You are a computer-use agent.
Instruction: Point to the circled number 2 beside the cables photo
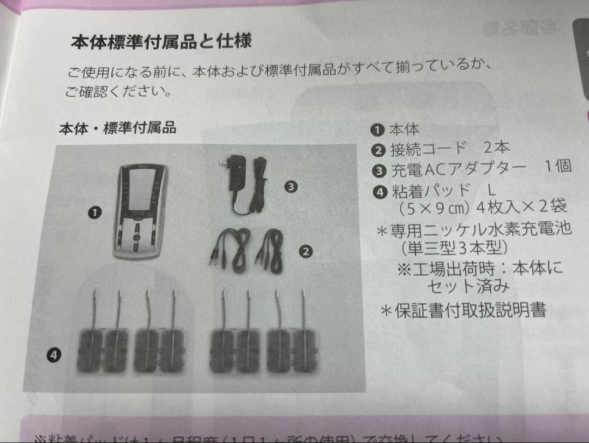305,251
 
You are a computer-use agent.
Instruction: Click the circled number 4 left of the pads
53,355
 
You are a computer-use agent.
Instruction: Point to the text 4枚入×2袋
521,208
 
